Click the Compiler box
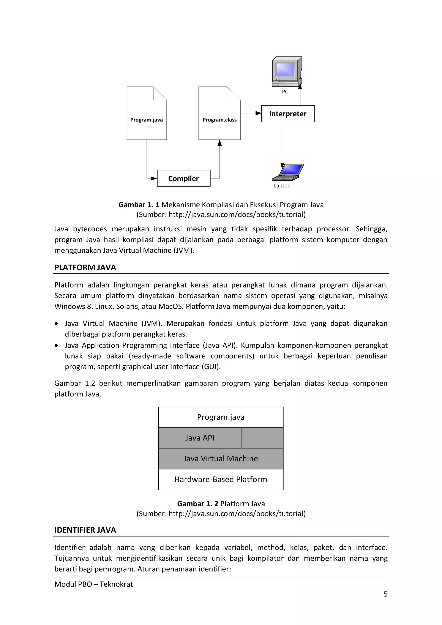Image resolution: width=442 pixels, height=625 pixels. [x=183, y=178]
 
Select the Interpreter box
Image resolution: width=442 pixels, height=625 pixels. [x=288, y=114]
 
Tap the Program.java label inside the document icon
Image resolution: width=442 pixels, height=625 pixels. [x=146, y=120]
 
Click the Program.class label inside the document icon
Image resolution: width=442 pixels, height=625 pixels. [x=219, y=120]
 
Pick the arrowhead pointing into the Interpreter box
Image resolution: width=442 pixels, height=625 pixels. [x=258, y=113]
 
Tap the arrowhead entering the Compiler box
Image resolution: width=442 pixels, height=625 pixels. [x=154, y=178]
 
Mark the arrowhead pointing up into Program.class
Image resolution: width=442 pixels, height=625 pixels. [x=220, y=143]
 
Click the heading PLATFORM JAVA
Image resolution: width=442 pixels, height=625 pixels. [x=85, y=268]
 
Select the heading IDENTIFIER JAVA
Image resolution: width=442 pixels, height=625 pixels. [x=85, y=530]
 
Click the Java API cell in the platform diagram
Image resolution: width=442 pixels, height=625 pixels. [x=200, y=438]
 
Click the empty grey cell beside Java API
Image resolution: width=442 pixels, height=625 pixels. [x=262, y=438]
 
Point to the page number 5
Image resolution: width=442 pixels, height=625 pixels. [x=385, y=594]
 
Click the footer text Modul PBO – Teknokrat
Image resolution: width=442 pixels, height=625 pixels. [x=94, y=584]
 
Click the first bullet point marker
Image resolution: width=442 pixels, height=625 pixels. [x=56, y=324]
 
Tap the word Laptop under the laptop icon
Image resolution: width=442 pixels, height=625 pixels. [x=282, y=186]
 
